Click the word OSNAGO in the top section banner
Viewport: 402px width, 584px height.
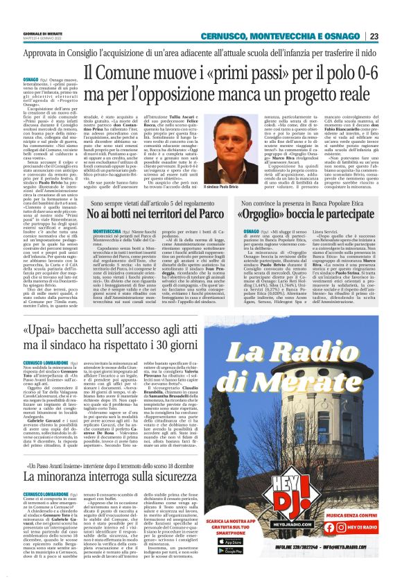(342, 36)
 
